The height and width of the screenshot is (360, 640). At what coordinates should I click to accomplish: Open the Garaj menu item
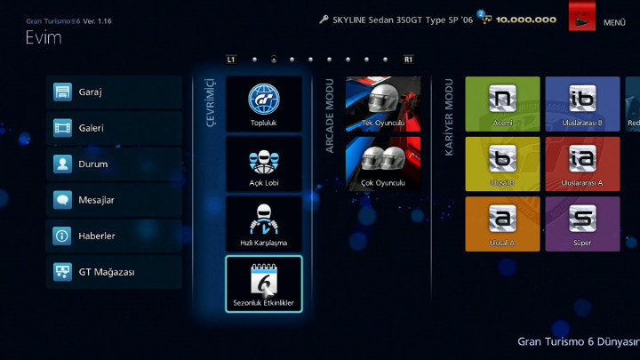[114, 92]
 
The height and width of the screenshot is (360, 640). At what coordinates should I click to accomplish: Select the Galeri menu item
[114, 128]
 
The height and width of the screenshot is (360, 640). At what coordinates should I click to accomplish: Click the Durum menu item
[114, 164]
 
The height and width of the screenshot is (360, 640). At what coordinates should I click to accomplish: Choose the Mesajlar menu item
[114, 200]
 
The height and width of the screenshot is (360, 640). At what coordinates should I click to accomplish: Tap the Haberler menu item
[114, 236]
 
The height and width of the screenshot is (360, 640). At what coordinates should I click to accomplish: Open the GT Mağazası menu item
[114, 272]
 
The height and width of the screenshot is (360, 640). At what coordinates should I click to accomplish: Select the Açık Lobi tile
[263, 164]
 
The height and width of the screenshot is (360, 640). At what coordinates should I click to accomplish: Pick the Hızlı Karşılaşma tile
[263, 224]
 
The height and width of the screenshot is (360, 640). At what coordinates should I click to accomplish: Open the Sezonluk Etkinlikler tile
[263, 284]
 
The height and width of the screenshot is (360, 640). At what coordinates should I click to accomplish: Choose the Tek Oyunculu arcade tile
[382, 104]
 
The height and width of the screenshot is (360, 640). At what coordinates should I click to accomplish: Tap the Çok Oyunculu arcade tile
[382, 164]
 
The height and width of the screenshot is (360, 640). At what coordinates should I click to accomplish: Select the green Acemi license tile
[502, 103]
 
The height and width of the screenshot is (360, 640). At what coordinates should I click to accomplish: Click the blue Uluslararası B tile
[582, 103]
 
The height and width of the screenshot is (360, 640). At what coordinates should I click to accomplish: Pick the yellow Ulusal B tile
[502, 164]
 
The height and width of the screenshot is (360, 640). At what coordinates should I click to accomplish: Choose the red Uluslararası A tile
[582, 164]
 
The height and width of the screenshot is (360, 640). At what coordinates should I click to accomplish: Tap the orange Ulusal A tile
[502, 223]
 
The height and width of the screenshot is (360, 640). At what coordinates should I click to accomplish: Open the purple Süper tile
[582, 223]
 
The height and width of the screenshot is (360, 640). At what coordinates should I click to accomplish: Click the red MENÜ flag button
[583, 18]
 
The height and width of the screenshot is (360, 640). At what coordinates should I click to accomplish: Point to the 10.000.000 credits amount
[527, 20]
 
